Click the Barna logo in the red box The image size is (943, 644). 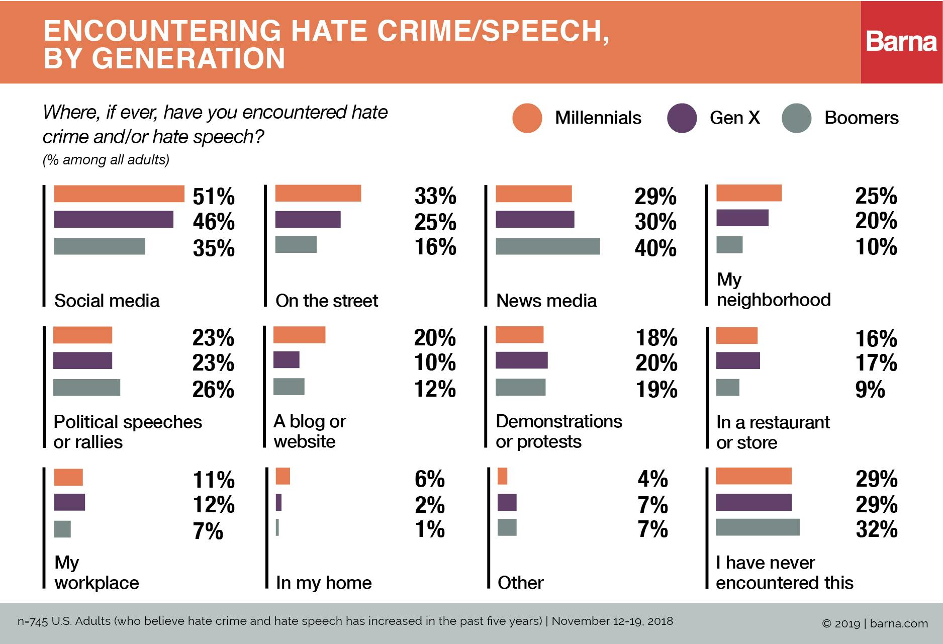click(901, 42)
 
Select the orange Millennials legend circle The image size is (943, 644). click(527, 118)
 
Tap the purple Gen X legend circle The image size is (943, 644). click(682, 118)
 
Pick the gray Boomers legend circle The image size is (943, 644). click(797, 118)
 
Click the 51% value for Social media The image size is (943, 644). click(214, 197)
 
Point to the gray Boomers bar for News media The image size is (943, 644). click(547, 246)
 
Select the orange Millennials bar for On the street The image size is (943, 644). click(318, 194)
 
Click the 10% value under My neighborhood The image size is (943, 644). click(876, 247)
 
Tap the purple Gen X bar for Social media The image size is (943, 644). click(113, 220)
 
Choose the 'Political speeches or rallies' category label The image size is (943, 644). click(127, 432)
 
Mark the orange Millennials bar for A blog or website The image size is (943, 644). click(299, 335)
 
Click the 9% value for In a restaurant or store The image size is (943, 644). click(870, 390)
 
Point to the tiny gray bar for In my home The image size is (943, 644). click(277, 527)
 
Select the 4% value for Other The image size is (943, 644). click(652, 479)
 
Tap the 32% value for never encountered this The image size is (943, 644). click(876, 529)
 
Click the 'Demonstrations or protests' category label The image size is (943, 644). click(558, 431)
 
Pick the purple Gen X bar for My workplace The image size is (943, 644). click(69, 502)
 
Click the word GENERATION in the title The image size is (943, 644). click(188, 58)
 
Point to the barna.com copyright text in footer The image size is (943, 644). click(875, 624)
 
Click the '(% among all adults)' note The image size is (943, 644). click(106, 160)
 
